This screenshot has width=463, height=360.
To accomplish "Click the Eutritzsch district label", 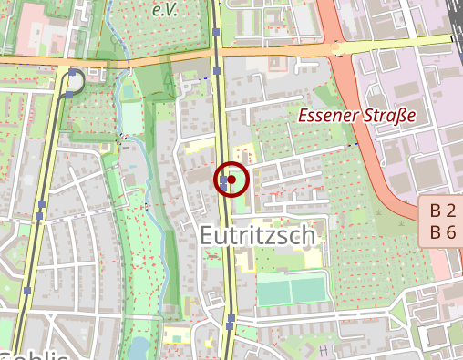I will point(258,237).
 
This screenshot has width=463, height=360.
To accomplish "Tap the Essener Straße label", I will point(357,117).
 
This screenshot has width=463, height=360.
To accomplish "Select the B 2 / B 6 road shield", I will point(442,221).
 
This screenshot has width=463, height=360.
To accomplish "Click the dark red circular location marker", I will point(231,180).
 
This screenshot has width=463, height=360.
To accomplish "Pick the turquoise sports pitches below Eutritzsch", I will point(291,291).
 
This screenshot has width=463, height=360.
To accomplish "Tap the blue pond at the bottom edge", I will point(139,348).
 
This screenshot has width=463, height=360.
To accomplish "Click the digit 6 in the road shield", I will point(449,232).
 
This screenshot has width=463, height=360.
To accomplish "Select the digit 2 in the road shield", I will point(449,211).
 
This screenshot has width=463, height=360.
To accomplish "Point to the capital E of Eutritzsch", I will point(208,237).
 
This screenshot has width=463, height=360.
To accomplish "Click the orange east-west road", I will point(273,52).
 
